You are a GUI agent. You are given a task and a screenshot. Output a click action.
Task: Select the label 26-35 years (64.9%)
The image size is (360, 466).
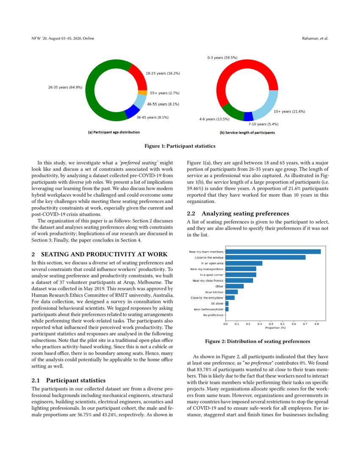coord(65,87)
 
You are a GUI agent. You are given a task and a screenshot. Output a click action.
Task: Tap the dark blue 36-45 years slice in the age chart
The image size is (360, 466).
coord(132,111)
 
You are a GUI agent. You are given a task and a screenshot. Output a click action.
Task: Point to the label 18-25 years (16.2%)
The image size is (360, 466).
coord(163,73)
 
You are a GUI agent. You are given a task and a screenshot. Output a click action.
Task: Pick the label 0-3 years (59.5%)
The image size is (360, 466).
coord(222,57)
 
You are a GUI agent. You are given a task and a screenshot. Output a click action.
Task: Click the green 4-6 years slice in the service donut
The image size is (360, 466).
coord(232,111)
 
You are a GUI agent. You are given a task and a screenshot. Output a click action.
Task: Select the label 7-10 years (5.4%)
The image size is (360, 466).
coord(263,125)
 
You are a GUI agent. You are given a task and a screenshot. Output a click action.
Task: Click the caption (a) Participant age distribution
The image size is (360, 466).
coord(114,132)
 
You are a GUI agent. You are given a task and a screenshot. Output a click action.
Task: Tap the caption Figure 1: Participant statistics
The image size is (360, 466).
coord(180,146)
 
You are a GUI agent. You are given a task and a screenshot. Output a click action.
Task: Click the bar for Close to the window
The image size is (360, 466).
coord(265,257)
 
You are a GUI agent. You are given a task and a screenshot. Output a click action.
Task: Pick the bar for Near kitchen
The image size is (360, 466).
coord(231,292)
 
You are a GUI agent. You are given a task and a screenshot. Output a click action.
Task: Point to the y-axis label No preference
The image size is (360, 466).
coord(213,315)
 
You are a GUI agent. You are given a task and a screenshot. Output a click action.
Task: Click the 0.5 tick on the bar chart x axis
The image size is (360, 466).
coord(282,324)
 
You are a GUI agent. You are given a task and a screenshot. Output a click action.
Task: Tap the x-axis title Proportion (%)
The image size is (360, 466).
coord(275,328)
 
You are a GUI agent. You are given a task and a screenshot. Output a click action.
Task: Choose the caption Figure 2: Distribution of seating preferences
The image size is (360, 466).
coord(258,341)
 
